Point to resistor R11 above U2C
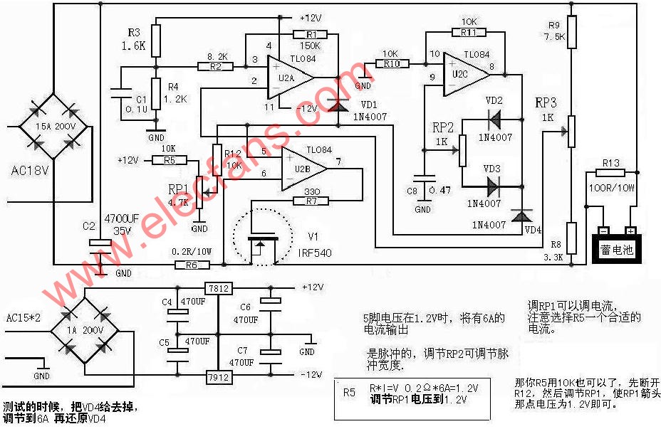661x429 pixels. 468,32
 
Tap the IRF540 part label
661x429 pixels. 314,253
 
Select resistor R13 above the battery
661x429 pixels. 610,172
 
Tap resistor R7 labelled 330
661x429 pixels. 311,201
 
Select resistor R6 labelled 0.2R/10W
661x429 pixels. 192,265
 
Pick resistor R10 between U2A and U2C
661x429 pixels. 390,64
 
